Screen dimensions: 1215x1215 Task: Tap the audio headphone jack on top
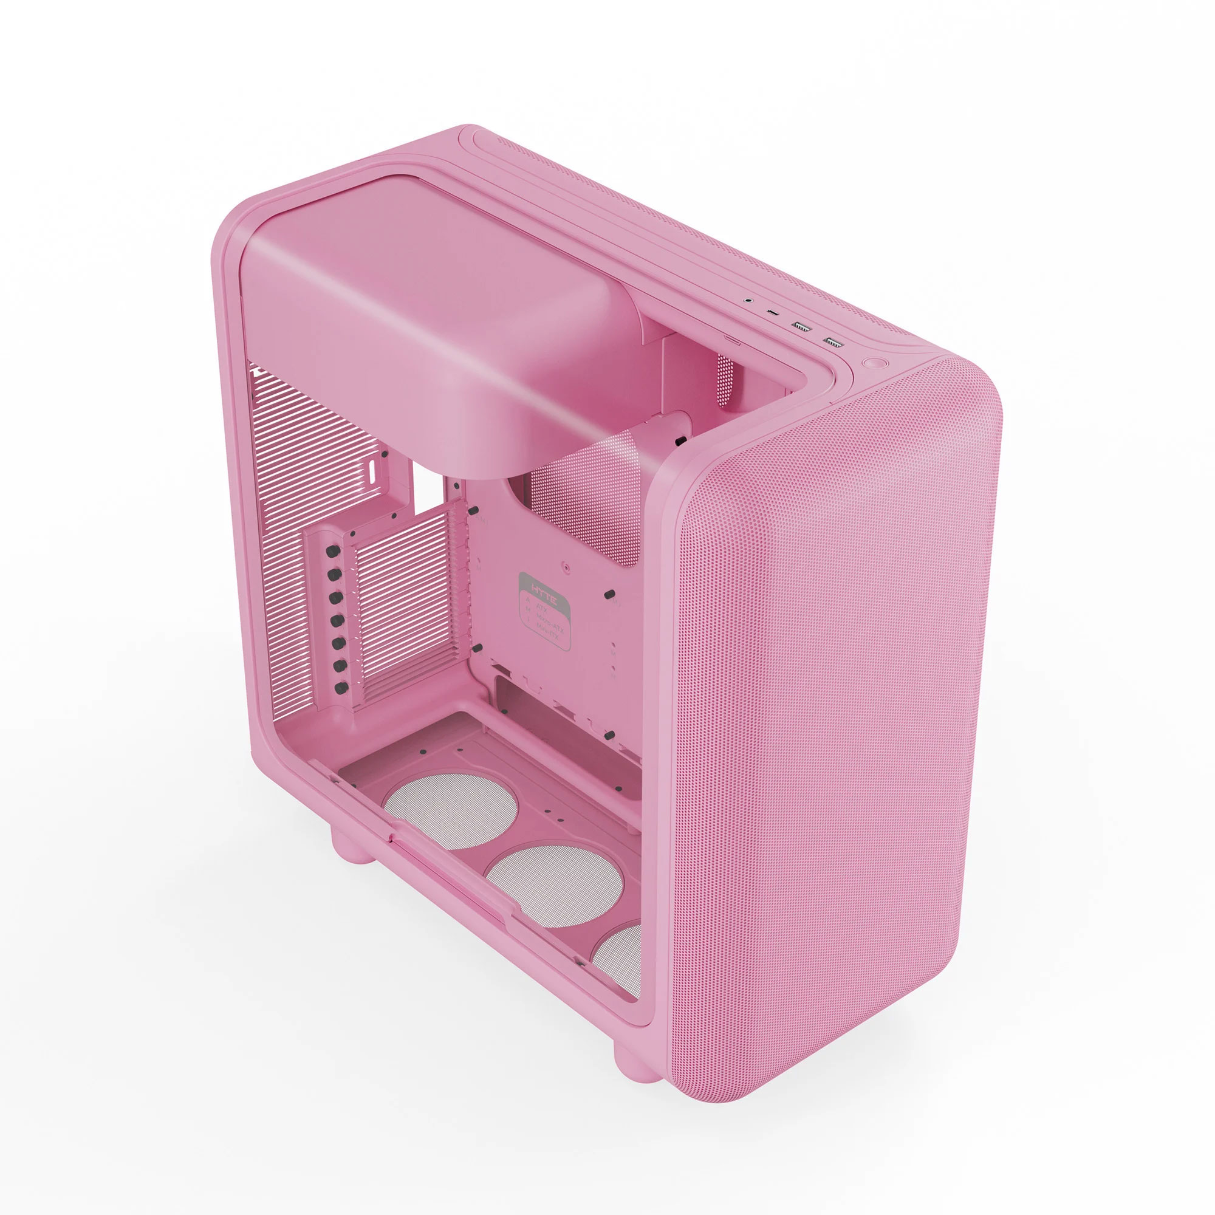748,301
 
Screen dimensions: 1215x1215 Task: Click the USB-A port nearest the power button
833,342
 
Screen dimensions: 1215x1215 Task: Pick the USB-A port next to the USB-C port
801,326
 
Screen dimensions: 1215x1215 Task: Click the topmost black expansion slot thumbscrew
335,552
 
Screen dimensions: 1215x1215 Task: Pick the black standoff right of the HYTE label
608,594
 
